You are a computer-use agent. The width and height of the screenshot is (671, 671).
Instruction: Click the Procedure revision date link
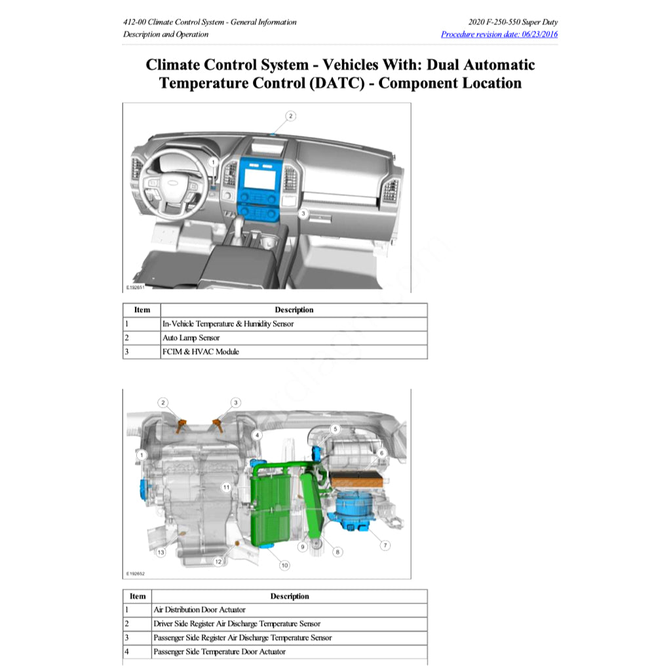499,34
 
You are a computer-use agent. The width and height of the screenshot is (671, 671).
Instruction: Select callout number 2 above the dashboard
290,116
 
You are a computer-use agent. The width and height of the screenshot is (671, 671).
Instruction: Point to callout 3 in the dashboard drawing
303,213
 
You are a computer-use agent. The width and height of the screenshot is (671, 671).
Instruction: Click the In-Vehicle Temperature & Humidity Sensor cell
228,324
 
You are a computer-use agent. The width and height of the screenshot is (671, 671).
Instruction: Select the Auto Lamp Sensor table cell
191,337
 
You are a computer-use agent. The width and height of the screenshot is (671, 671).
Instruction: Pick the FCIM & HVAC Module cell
201,351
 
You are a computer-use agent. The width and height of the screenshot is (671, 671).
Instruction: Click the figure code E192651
136,287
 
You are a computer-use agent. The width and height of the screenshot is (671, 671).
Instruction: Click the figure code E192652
136,573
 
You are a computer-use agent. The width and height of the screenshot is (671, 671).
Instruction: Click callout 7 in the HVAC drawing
385,545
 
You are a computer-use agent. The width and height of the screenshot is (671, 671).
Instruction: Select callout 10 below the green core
284,564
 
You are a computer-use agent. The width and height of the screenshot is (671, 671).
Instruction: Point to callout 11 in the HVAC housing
225,488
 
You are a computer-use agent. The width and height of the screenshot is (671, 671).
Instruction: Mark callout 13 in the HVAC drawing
161,552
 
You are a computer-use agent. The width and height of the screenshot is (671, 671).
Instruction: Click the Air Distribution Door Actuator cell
195,609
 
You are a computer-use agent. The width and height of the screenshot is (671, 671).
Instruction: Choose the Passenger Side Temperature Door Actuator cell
220,651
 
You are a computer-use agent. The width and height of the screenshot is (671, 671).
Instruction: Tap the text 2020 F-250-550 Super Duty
513,22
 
